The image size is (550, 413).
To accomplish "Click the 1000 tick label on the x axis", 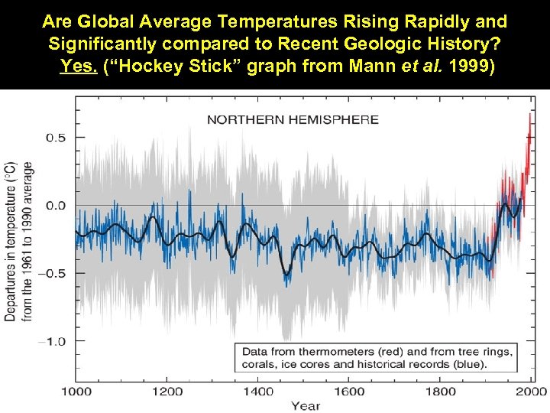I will click(x=76, y=392).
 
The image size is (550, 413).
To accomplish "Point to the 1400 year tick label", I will click(x=259, y=392).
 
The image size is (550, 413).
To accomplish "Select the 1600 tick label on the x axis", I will click(x=351, y=392).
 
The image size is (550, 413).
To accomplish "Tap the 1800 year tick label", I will click(x=441, y=392).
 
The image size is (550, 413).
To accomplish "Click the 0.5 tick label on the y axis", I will click(x=54, y=138).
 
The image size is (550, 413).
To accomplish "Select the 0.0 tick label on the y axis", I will click(x=54, y=205).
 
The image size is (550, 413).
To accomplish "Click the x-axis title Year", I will click(x=305, y=405).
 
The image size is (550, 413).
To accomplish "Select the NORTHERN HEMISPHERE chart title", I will click(x=293, y=119).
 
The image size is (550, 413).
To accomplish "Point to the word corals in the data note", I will click(x=260, y=364).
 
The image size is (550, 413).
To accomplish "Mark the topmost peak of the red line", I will click(x=529, y=115).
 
